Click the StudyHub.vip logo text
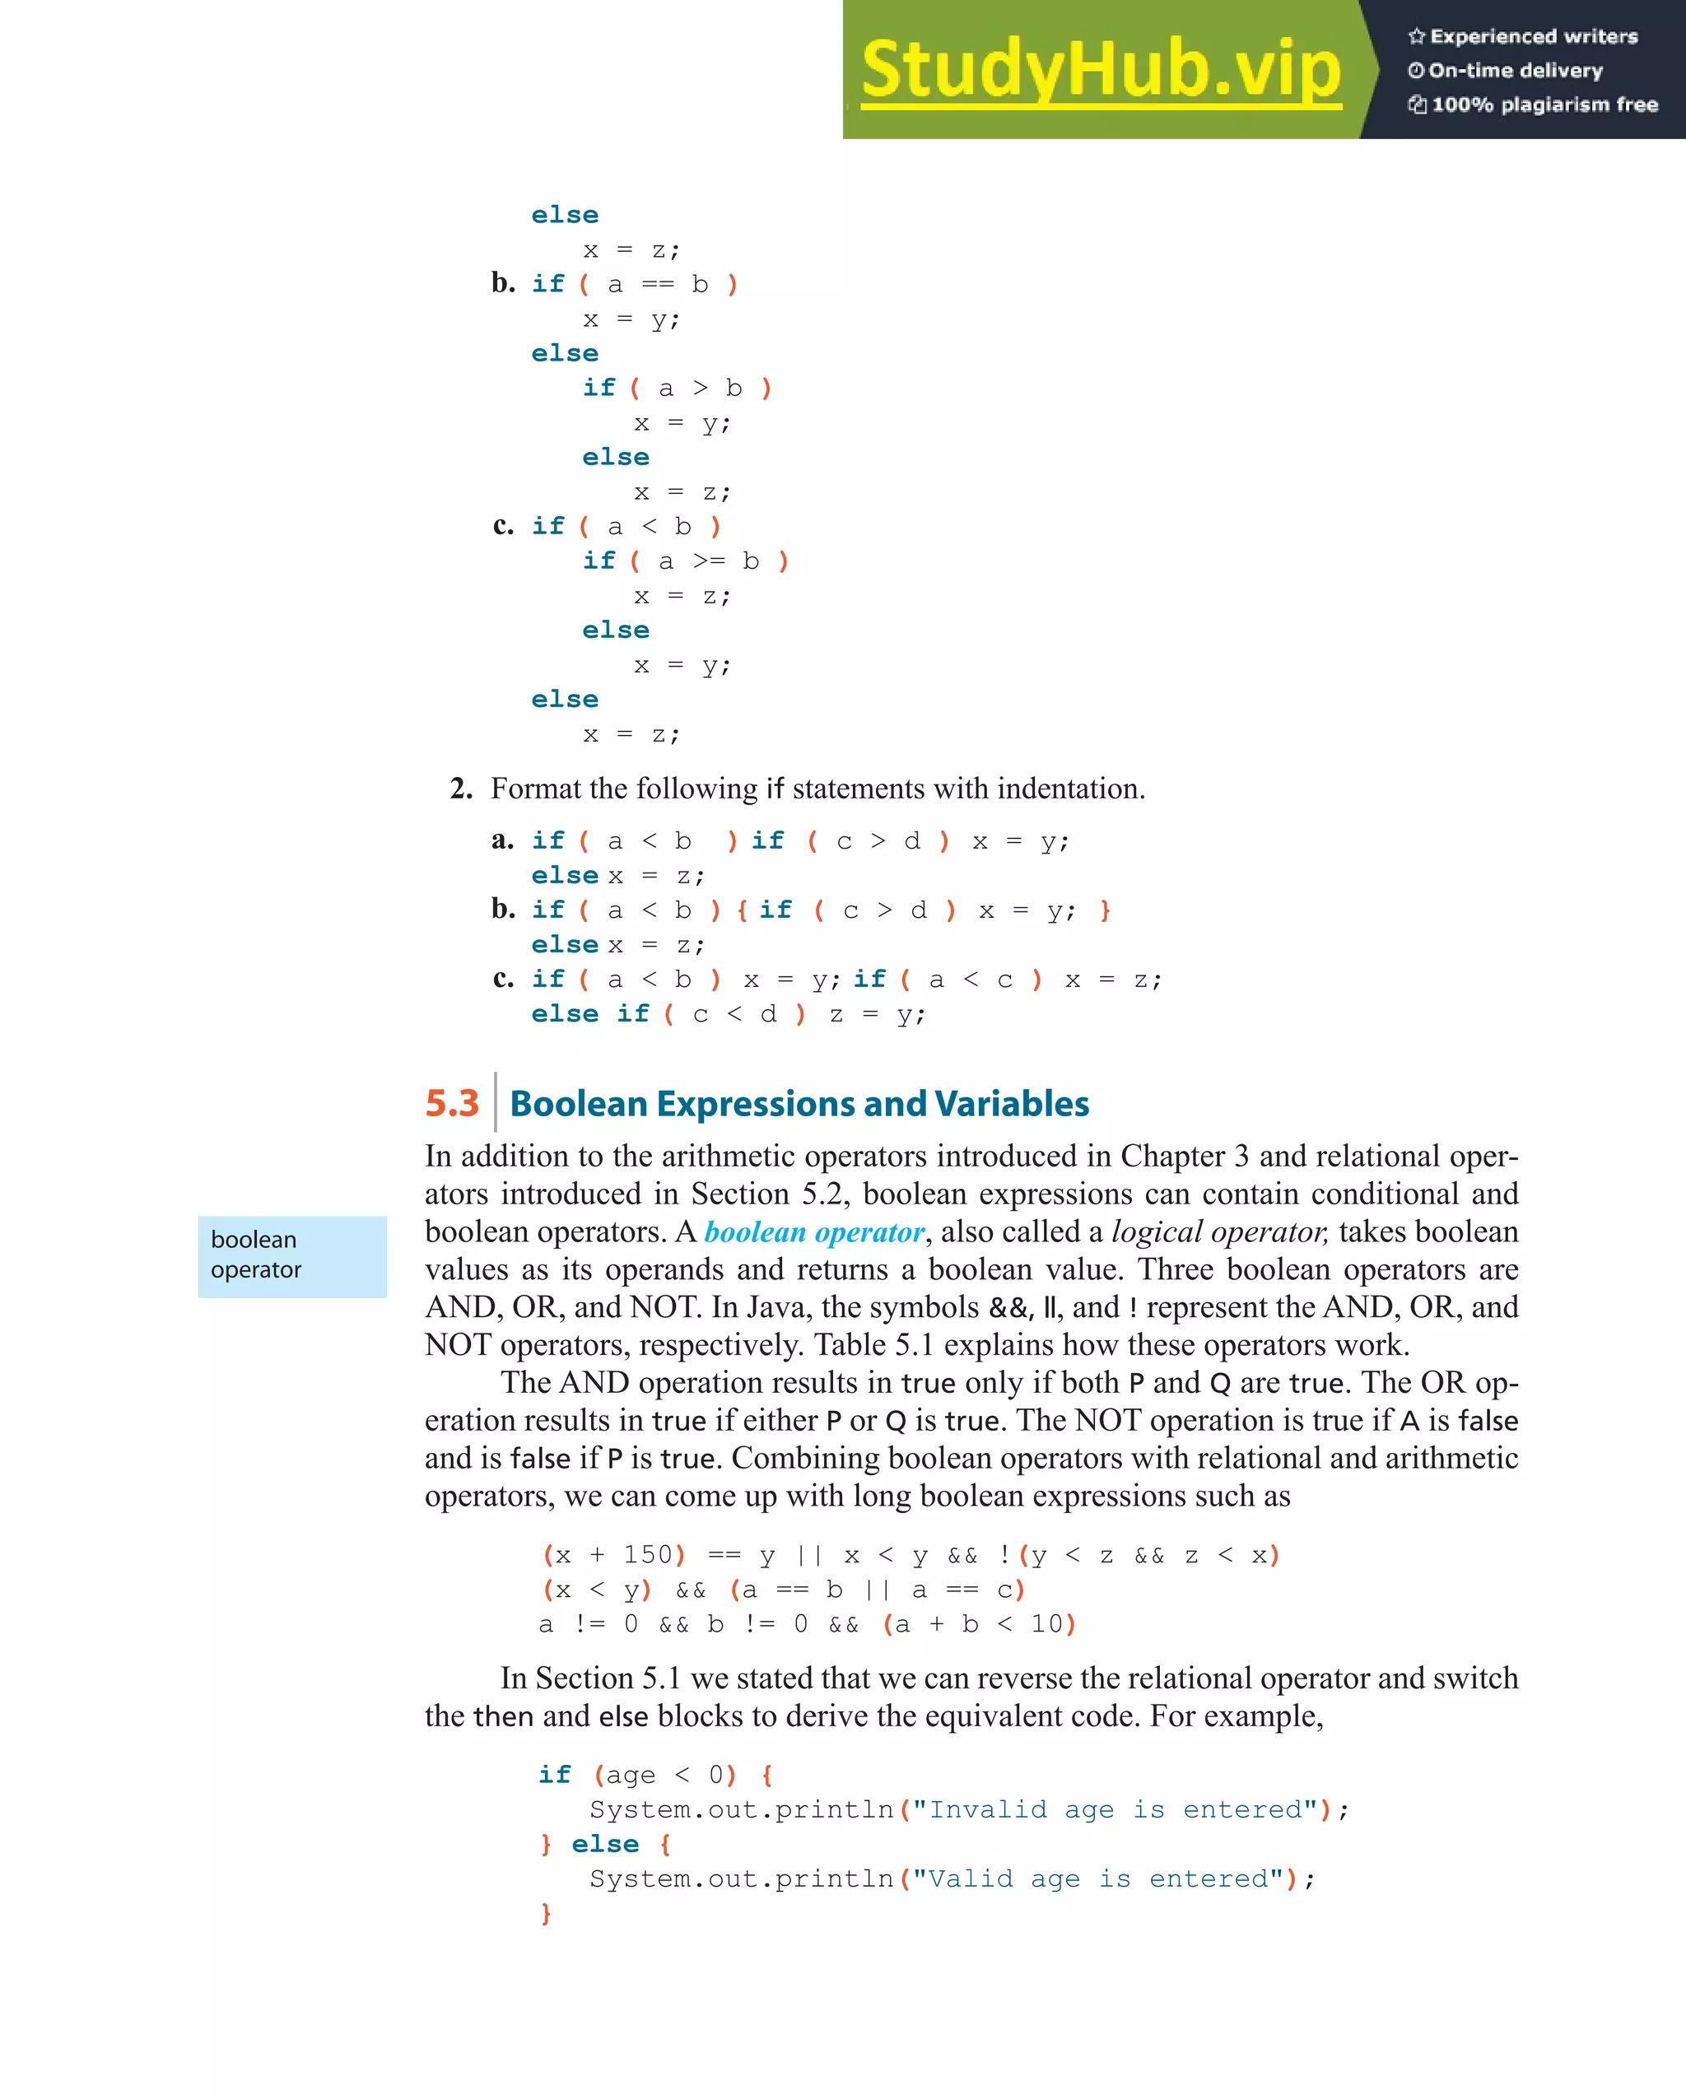coord(1100,70)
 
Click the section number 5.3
coord(452,1103)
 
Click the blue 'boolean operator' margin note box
coord(291,1255)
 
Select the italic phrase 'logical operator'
coord(1218,1232)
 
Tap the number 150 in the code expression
coord(647,1555)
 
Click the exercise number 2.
coord(461,788)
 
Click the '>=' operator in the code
coord(709,561)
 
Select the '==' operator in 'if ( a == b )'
coord(657,285)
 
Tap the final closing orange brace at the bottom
coord(546,1913)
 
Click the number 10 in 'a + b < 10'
coord(1046,1623)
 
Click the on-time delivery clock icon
coord(1416,71)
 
